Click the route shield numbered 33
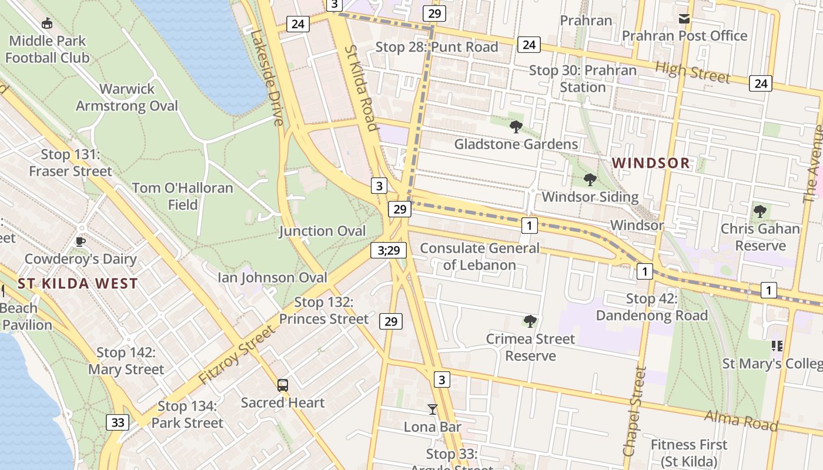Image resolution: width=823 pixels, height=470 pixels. coord(118,422)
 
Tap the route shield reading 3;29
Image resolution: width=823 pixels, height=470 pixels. coord(389,250)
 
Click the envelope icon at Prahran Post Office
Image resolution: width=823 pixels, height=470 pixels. coord(684,19)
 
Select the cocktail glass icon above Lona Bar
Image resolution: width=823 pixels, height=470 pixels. coord(433,409)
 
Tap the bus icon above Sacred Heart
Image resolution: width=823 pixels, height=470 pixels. coord(283,385)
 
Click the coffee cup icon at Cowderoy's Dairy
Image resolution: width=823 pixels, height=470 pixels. coord(81,241)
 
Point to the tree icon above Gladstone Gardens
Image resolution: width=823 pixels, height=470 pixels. coord(516,126)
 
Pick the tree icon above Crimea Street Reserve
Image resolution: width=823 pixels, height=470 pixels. coord(530,321)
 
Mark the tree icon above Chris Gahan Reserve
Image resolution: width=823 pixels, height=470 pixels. coord(760,211)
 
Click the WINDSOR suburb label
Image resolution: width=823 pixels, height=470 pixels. coord(651,163)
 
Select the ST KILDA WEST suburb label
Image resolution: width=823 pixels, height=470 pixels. coord(78,284)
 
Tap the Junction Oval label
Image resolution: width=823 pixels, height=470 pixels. coord(322,231)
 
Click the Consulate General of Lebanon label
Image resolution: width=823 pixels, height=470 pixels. coord(479,256)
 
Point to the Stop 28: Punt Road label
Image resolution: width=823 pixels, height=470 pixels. coord(437,47)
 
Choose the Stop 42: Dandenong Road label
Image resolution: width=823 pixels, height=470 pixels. coord(651,307)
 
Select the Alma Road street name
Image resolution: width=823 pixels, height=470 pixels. coord(741,421)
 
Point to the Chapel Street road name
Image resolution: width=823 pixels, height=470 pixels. coord(634,411)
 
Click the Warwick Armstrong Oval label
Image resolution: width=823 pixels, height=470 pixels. coord(127,98)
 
